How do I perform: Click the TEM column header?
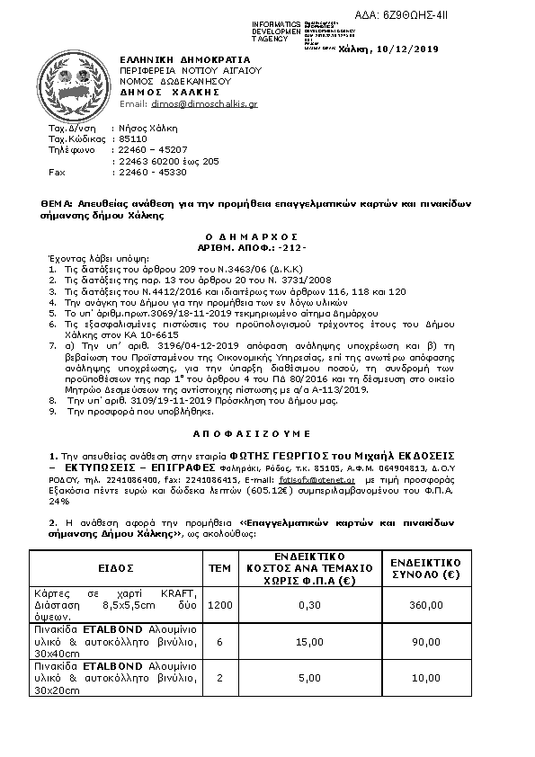tap(219, 568)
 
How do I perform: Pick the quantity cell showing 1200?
tap(219, 606)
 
